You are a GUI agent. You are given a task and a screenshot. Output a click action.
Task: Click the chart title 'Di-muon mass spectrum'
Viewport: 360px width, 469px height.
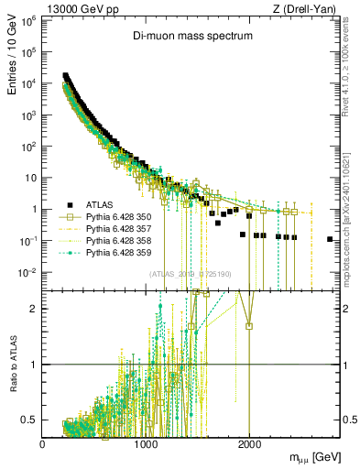(x=191, y=36)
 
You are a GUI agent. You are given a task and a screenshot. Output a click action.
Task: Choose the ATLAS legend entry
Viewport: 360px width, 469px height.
(x=100, y=204)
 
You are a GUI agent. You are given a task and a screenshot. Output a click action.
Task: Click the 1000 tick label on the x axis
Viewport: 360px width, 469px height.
(x=146, y=443)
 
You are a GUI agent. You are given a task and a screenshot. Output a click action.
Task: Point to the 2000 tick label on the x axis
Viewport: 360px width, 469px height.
(x=249, y=443)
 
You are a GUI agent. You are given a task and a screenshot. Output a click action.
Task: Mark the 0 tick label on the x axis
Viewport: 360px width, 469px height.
(x=43, y=443)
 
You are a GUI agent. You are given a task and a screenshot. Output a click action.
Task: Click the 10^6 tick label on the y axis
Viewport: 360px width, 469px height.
(x=27, y=19)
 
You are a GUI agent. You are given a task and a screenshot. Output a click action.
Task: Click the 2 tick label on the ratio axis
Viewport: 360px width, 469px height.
(x=34, y=309)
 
